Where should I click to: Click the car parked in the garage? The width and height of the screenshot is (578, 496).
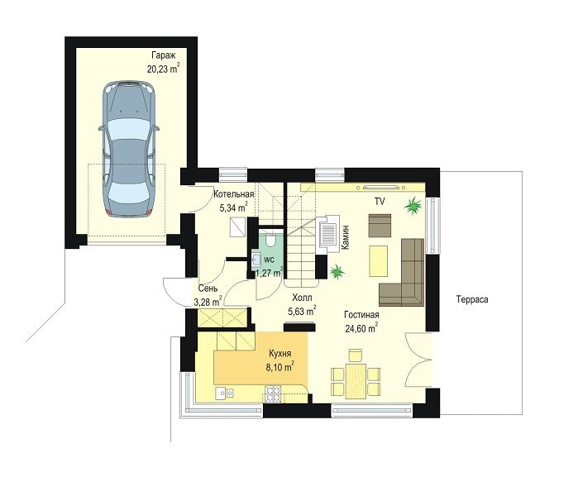tap(129, 149)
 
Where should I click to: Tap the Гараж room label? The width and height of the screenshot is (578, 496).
tap(163, 55)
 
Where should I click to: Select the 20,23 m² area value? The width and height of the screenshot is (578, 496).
tap(163, 69)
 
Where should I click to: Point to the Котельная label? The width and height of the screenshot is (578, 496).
tap(234, 193)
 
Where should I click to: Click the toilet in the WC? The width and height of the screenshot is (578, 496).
tap(270, 241)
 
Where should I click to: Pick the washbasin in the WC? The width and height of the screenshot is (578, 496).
tap(256, 259)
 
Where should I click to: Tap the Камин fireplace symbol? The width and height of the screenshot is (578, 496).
tap(327, 235)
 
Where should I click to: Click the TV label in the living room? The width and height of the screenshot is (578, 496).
tap(380, 201)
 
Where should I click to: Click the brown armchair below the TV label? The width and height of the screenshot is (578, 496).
tap(380, 226)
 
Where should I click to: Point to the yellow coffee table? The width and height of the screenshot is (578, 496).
tap(378, 261)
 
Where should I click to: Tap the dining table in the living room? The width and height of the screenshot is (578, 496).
tap(356, 380)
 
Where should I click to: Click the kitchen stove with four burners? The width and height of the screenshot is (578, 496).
tap(273, 393)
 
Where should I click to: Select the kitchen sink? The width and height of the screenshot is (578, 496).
tap(224, 393)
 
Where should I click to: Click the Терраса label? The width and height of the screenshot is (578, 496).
tap(472, 299)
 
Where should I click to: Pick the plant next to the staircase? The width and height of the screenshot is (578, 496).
tap(337, 272)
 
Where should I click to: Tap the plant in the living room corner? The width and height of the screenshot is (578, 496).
tap(413, 206)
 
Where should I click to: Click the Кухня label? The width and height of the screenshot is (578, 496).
tap(279, 353)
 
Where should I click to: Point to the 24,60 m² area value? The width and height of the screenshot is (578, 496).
tap(361, 327)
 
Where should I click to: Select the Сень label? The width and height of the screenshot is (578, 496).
tap(208, 289)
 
